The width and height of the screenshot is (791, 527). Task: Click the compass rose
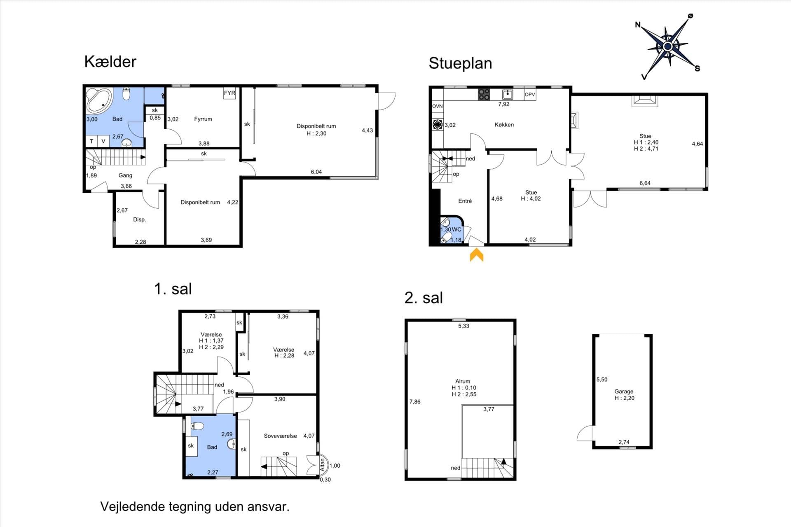click(668, 46)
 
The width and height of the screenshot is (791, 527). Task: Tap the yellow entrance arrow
click(477, 254)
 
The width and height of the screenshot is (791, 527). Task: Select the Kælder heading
click(110, 62)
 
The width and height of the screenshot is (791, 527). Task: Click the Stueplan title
click(460, 63)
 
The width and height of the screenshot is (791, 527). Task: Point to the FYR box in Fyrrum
click(229, 93)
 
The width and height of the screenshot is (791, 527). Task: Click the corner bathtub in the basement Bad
click(99, 101)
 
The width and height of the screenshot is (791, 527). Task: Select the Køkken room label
click(504, 125)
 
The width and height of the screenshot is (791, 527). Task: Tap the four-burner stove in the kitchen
click(484, 95)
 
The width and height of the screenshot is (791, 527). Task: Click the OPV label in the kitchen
click(530, 95)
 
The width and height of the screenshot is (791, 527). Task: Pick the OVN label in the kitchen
click(438, 106)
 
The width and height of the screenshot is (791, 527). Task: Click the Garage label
click(624, 392)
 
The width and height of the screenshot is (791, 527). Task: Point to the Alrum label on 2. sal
click(463, 381)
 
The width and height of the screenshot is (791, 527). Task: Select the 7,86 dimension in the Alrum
click(415, 402)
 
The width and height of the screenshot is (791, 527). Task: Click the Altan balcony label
click(323, 465)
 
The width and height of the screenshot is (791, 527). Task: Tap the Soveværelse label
click(280, 436)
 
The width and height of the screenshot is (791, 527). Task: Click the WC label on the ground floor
click(456, 230)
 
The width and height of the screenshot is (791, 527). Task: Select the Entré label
click(465, 201)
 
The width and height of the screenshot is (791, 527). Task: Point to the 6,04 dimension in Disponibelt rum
click(316, 172)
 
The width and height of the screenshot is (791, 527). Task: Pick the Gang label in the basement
click(125, 175)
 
